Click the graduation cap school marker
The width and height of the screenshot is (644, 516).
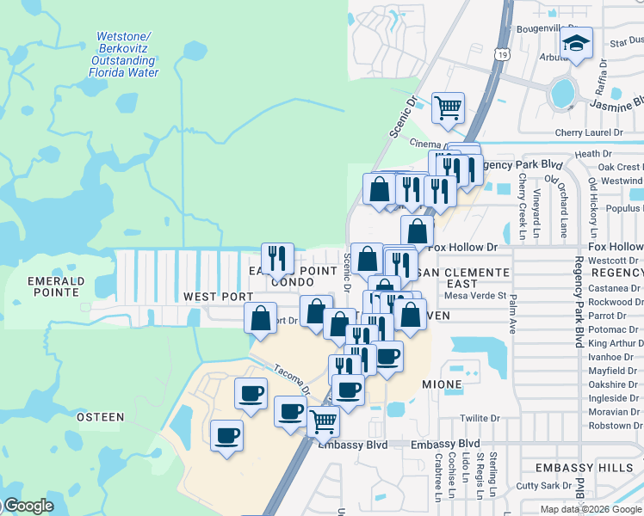point(576,44)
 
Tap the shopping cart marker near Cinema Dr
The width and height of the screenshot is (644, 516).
point(448,108)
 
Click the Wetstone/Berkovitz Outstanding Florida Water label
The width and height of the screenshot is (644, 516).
point(124,54)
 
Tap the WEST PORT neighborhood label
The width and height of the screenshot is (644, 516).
point(218,297)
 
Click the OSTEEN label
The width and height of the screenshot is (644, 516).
point(101,417)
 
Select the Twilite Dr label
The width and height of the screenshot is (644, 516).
point(480,418)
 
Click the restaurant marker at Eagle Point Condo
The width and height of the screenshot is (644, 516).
point(277,257)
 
